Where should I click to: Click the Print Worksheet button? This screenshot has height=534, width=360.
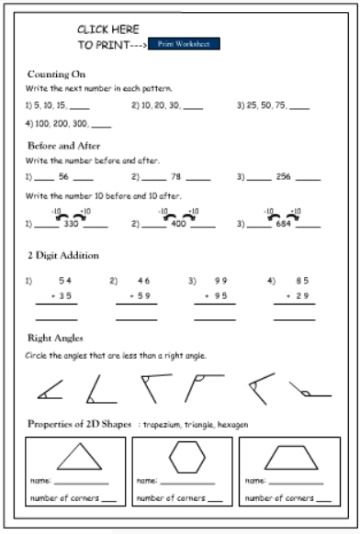click(184, 43)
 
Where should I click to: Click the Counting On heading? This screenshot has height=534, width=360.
click(58, 73)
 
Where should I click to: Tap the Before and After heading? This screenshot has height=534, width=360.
click(63, 145)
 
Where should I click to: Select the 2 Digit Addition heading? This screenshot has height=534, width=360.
click(63, 255)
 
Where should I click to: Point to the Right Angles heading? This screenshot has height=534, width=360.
click(56, 339)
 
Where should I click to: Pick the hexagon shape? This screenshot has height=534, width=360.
click(188, 456)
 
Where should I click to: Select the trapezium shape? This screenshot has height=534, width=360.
click(295, 456)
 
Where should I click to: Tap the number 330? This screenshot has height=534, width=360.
click(70, 223)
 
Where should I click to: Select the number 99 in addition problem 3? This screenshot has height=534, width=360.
click(220, 280)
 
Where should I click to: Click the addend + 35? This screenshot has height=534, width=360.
click(60, 295)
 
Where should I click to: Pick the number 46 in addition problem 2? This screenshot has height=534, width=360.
click(143, 280)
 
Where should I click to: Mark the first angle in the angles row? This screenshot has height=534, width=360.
click(49, 390)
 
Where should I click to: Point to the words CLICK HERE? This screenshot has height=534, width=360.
click(107, 29)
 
